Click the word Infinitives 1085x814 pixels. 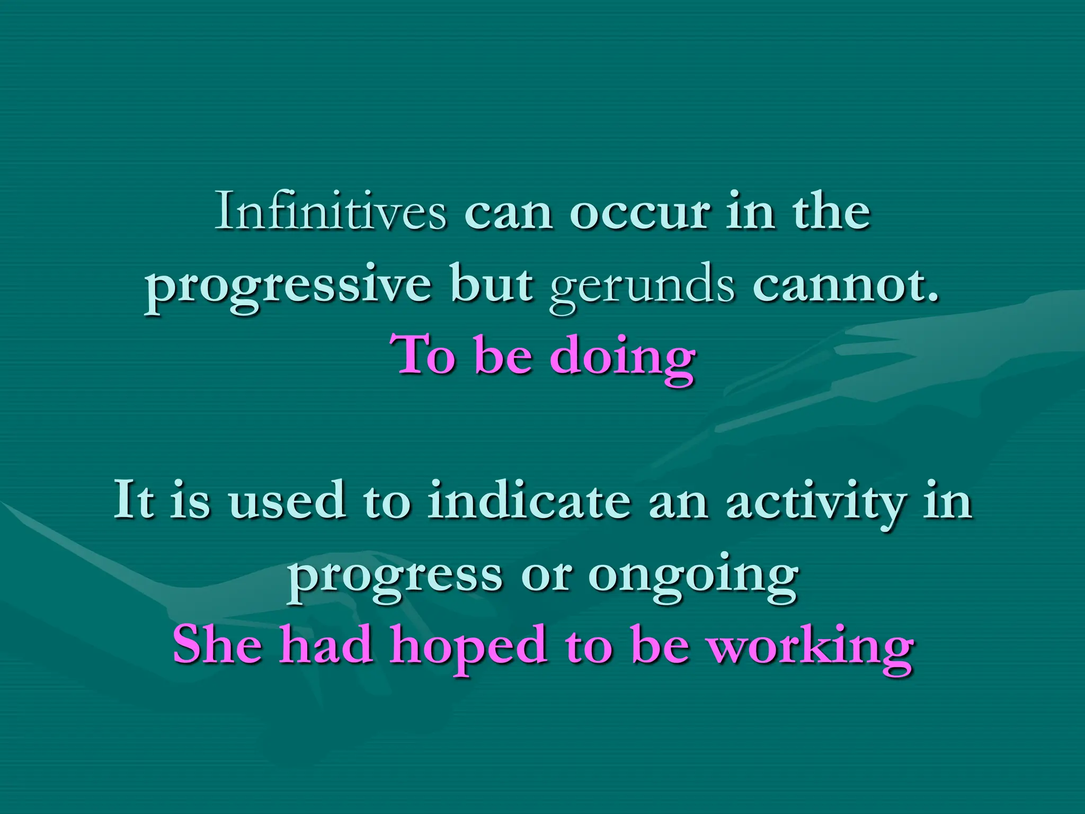click(x=331, y=212)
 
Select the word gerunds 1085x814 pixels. click(x=642, y=286)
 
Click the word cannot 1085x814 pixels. click(x=846, y=285)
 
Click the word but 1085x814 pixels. click(x=492, y=285)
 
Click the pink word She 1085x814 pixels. click(x=217, y=645)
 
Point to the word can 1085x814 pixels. click(x=508, y=213)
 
